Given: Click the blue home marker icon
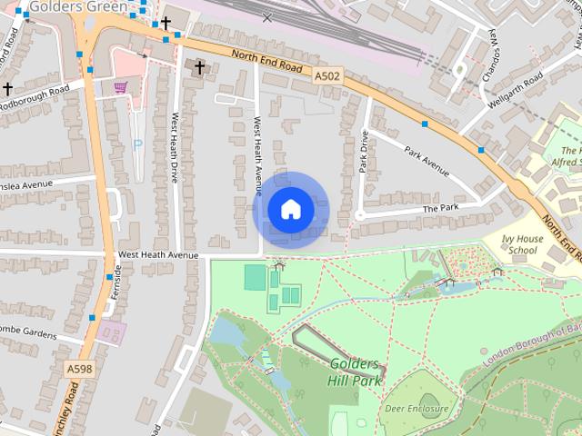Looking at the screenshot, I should coord(290,210).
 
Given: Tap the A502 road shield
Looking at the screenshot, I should coord(328,76).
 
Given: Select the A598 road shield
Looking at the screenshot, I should coord(79,369).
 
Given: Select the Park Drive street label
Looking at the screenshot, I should coord(364,152).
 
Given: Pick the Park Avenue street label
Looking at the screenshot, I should coord(427,161).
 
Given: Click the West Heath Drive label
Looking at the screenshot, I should coord(175,146).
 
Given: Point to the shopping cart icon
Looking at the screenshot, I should coord(120,86).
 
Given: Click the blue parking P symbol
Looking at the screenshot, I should coord(137,144).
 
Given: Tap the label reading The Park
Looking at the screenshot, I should coord(442,209).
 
